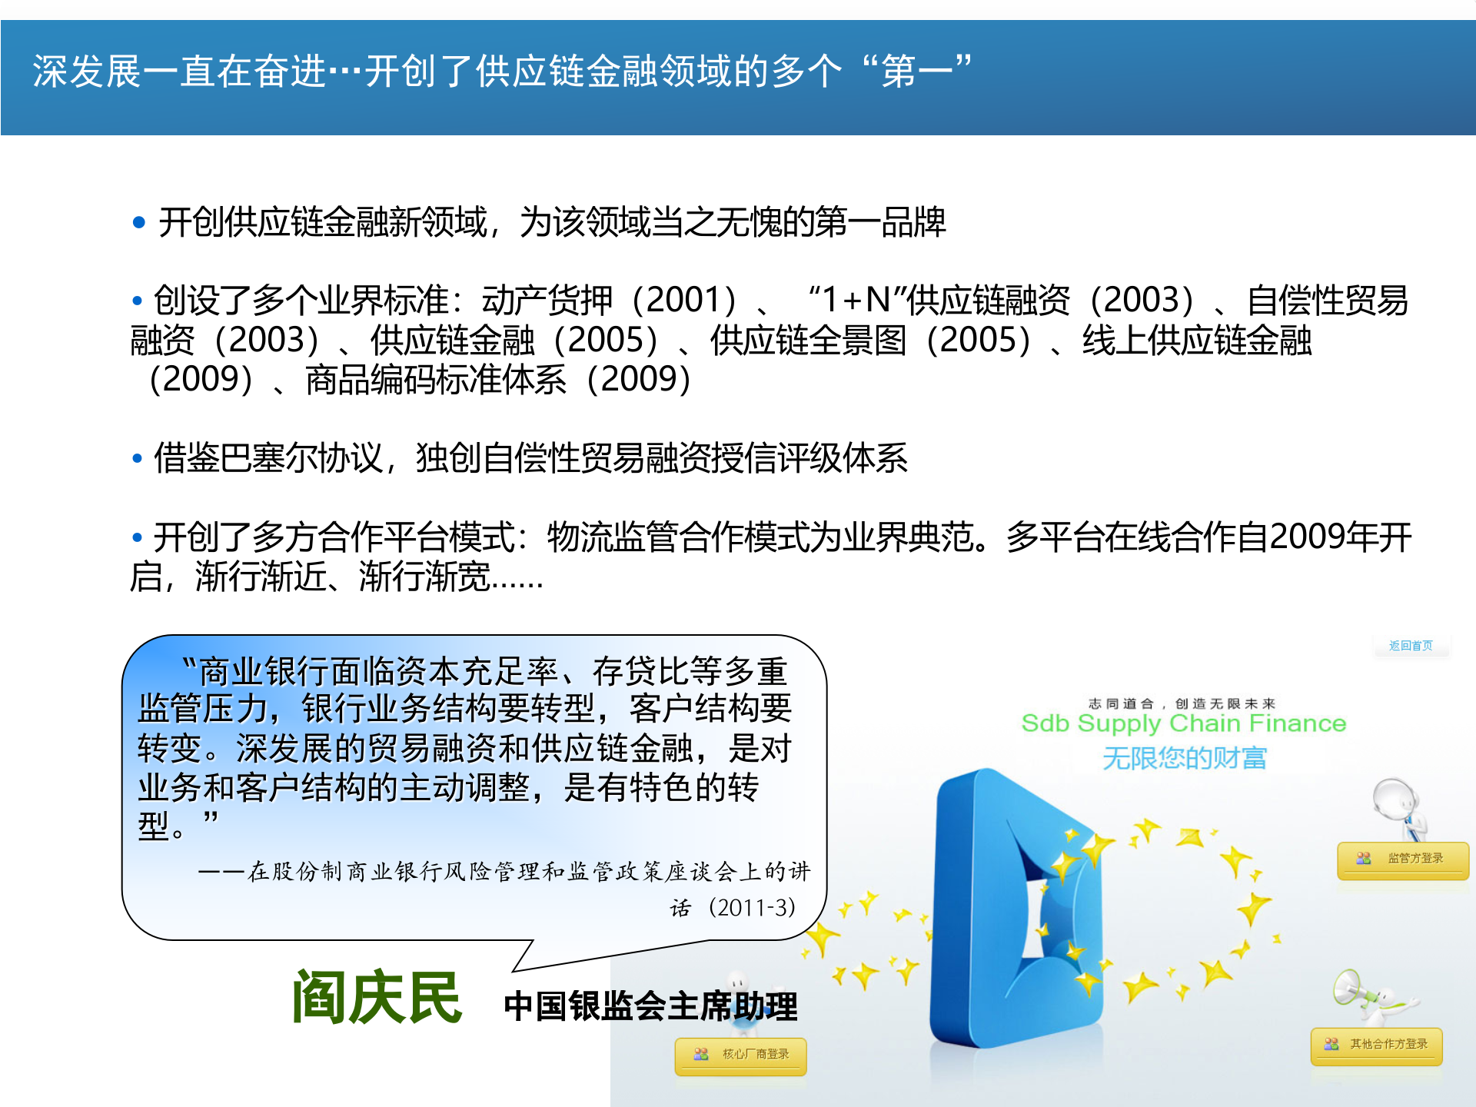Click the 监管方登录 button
1403,859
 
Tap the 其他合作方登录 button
1377,1045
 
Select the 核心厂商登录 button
741,1055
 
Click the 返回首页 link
1411,646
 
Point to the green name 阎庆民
377,998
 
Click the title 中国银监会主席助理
650,1006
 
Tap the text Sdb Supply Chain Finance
1183,723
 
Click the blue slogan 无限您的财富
1184,759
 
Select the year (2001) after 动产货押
684,300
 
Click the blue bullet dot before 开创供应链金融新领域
139,223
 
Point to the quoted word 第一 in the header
916,71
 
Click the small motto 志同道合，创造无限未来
1182,703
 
